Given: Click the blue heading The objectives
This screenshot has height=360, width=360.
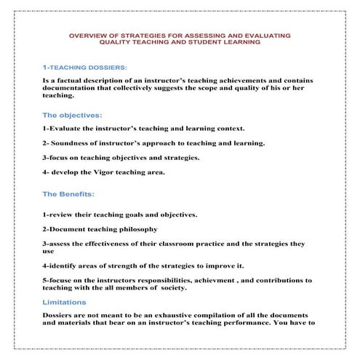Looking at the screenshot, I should point(73,115).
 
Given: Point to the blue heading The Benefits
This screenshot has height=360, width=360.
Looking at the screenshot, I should point(69,194).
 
